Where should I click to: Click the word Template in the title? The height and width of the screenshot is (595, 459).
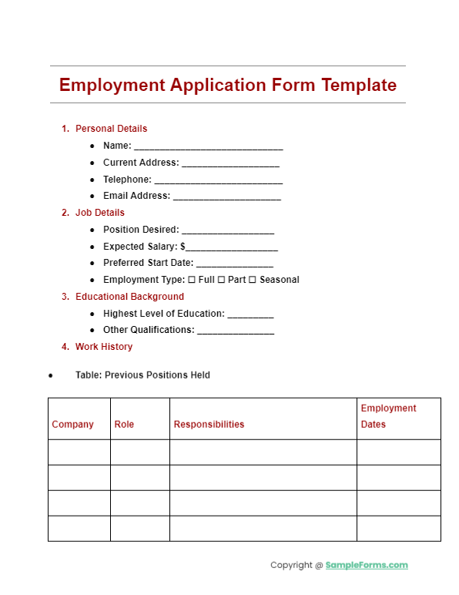359,85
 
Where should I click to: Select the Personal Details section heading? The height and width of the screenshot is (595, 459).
111,129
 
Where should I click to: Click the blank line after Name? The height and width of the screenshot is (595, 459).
209,146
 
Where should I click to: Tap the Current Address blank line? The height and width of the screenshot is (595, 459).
230,163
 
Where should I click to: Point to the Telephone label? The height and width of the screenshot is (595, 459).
127,180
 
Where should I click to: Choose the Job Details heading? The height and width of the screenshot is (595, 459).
99,213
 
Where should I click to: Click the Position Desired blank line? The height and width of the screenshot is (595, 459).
228,230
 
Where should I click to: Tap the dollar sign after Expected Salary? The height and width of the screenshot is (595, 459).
183,247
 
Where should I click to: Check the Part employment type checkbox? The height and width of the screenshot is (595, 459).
222,280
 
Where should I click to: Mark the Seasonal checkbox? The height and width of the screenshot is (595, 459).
253,280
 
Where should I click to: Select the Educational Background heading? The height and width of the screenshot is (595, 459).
129,297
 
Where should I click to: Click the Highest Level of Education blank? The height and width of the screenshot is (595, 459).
250,314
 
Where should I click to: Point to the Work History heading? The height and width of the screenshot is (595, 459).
103,347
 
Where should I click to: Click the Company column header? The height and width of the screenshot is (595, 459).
72,425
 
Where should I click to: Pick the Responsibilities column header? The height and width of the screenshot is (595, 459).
209,425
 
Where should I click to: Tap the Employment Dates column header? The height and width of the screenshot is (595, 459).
388,416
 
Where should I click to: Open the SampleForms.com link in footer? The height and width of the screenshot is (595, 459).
367,565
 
